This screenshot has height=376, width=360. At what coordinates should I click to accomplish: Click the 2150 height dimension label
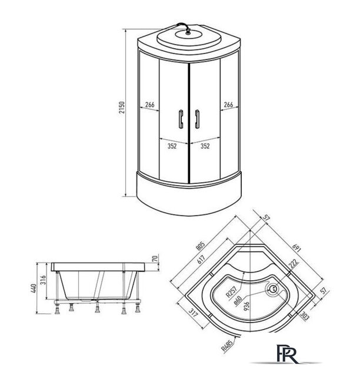tap(122, 108)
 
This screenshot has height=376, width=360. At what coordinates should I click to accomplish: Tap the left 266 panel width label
tap(150, 105)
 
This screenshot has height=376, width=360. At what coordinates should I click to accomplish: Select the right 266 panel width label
tap(228, 105)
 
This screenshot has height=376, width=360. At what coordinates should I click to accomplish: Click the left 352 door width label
tap(172, 146)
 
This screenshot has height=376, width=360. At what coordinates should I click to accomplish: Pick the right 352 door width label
tap(205, 146)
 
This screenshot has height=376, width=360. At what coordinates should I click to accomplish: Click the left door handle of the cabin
tap(181, 119)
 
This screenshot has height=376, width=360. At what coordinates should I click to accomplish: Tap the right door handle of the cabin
tap(197, 119)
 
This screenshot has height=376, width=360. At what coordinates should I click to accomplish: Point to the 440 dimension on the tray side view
tap(34, 288)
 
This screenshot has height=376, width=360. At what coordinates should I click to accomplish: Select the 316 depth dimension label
tap(43, 280)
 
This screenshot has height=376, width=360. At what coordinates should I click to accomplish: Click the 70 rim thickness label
tap(155, 258)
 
